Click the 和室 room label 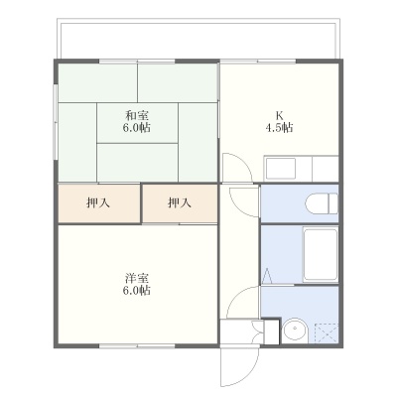coord(137,116)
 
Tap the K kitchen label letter coord(280,116)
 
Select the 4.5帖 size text coord(280,128)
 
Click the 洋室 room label coord(137,277)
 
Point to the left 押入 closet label coord(98,202)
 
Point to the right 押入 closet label coord(180,202)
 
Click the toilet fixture coord(322,203)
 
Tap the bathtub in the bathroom coord(321,255)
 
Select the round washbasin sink coord(295,331)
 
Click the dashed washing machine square coord(327,333)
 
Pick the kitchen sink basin coord(281,168)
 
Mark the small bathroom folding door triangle coord(267,276)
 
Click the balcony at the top coord(198,39)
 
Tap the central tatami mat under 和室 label coord(137,123)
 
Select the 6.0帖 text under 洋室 coord(137,290)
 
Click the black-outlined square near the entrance coord(272,331)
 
